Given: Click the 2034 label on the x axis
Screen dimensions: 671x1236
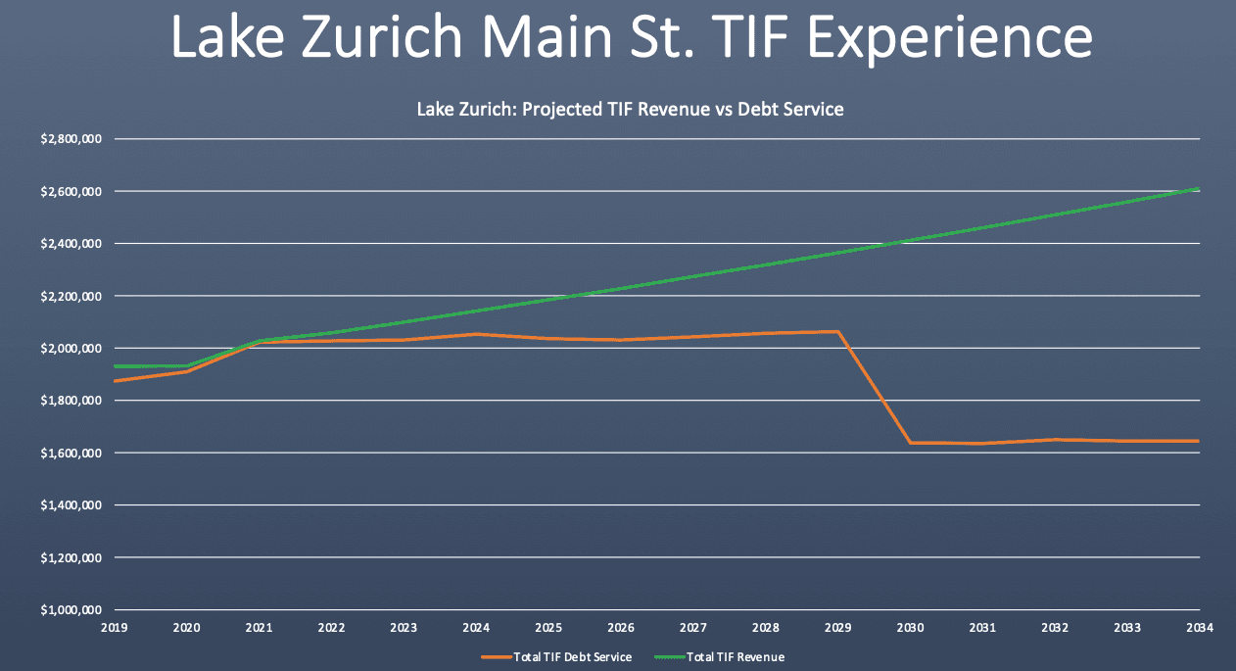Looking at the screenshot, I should click(x=1199, y=628).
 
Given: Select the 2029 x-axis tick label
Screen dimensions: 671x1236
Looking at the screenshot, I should click(x=837, y=628).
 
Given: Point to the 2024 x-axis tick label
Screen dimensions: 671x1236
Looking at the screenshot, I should click(x=475, y=628).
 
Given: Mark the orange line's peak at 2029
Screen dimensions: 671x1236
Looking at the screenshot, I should click(x=837, y=331).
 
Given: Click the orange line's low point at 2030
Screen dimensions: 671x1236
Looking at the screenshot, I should click(x=910, y=443).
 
